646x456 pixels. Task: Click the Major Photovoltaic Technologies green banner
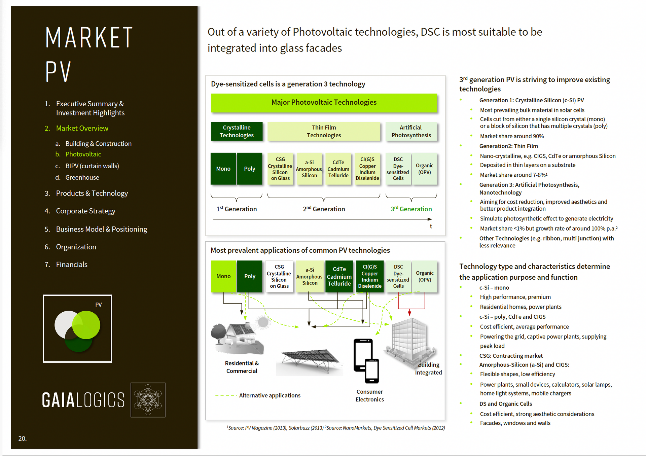click(x=324, y=103)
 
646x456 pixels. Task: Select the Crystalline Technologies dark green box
click(x=237, y=131)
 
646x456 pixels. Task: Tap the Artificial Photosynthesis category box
click(x=411, y=131)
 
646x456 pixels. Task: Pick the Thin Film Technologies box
click(x=324, y=131)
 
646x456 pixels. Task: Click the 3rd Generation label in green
click(x=411, y=209)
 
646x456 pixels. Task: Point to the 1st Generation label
click(x=237, y=209)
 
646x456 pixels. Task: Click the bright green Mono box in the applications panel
click(x=223, y=276)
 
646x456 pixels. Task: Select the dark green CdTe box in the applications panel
click(x=339, y=276)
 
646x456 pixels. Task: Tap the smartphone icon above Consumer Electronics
click(x=366, y=361)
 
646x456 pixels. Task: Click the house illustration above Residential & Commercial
click(x=237, y=338)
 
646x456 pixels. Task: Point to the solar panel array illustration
click(x=310, y=362)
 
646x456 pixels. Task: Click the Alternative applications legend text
click(x=270, y=395)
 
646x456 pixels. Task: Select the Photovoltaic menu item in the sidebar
click(x=83, y=154)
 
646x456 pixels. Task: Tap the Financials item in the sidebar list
click(x=72, y=265)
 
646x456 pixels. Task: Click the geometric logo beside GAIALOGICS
click(x=148, y=400)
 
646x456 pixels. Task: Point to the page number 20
click(x=22, y=439)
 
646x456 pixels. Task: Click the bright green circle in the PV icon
click(x=86, y=325)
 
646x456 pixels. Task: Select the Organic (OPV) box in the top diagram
click(x=425, y=169)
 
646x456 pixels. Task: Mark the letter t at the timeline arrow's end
click(x=431, y=226)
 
